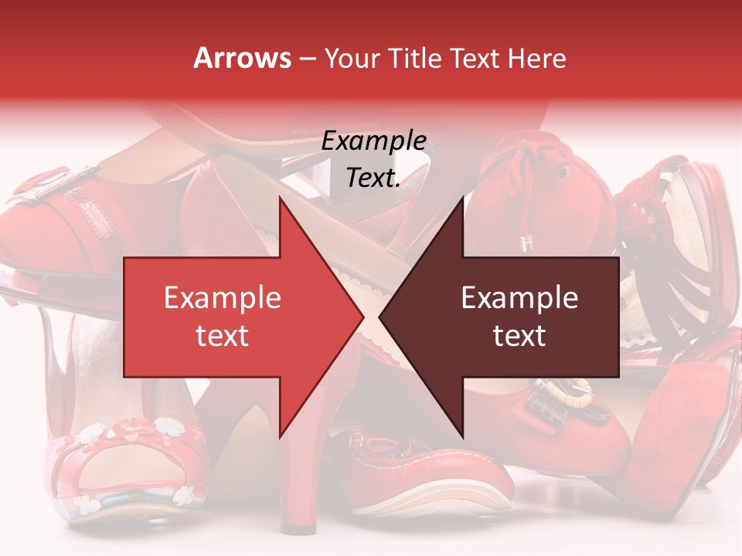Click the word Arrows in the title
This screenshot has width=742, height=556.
pos(243,58)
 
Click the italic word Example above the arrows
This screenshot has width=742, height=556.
pos(373,141)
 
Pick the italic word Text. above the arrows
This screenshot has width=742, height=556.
pos(373,178)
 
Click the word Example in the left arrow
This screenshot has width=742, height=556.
pos(223,298)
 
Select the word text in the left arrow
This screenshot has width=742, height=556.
pos(223,336)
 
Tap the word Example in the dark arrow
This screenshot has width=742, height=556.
pos(519,298)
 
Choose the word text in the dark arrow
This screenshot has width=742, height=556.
pos(519,336)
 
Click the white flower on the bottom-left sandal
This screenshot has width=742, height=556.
pos(165,425)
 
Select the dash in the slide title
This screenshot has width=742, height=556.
pos(306,59)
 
